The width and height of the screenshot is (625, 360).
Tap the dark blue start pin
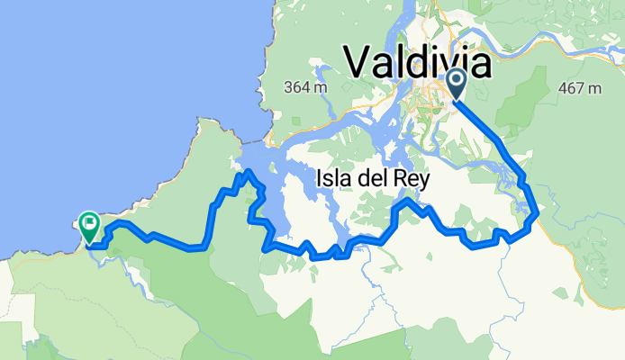click(456, 83)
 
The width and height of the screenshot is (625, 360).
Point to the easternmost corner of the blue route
click(538, 213)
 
